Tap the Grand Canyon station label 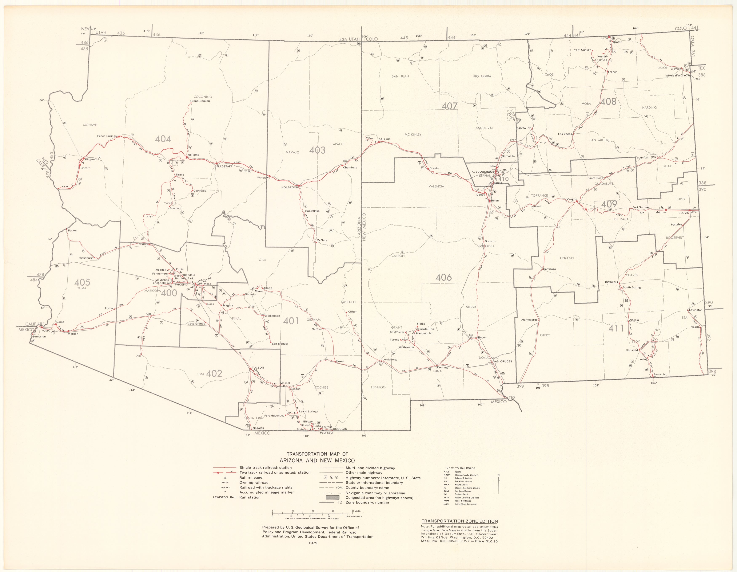tap(200, 101)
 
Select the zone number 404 tap(163, 139)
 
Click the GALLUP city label tap(384, 140)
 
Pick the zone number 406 tap(443, 278)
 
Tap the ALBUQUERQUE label tap(483, 172)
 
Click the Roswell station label tap(611, 282)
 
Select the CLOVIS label tap(684, 213)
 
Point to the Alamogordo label tap(529, 320)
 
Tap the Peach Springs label tap(107, 136)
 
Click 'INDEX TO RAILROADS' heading tap(460, 468)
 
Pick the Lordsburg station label tap(389, 360)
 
